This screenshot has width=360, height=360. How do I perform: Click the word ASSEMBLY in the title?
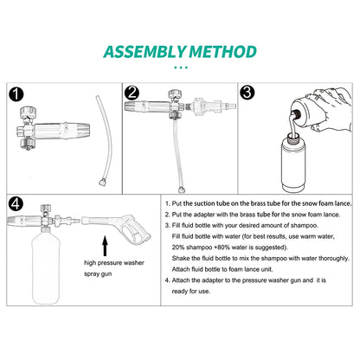tap(145, 52)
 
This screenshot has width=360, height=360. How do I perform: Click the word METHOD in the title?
tap(222, 52)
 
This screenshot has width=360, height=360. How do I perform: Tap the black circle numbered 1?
tap(16, 94)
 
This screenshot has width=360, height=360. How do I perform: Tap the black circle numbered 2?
tap(132, 93)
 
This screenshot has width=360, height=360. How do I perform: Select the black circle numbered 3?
tap(247, 93)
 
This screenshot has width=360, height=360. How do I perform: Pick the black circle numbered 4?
tap(16, 204)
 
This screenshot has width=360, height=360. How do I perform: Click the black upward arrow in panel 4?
tap(105, 246)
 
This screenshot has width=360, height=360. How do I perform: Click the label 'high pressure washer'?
tap(114, 263)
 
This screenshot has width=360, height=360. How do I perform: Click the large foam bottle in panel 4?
tap(46, 267)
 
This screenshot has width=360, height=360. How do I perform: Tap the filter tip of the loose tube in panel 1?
tap(102, 183)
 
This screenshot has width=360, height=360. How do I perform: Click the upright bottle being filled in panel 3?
tap(293, 163)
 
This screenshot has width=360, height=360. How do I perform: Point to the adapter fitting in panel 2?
tap(209, 106)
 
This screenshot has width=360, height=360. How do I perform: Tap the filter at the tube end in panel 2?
tap(182, 190)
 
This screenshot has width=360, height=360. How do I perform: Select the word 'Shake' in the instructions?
tap(180, 258)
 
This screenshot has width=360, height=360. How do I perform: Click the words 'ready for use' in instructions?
tap(191, 292)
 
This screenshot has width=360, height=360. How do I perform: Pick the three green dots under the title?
tap(181, 67)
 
